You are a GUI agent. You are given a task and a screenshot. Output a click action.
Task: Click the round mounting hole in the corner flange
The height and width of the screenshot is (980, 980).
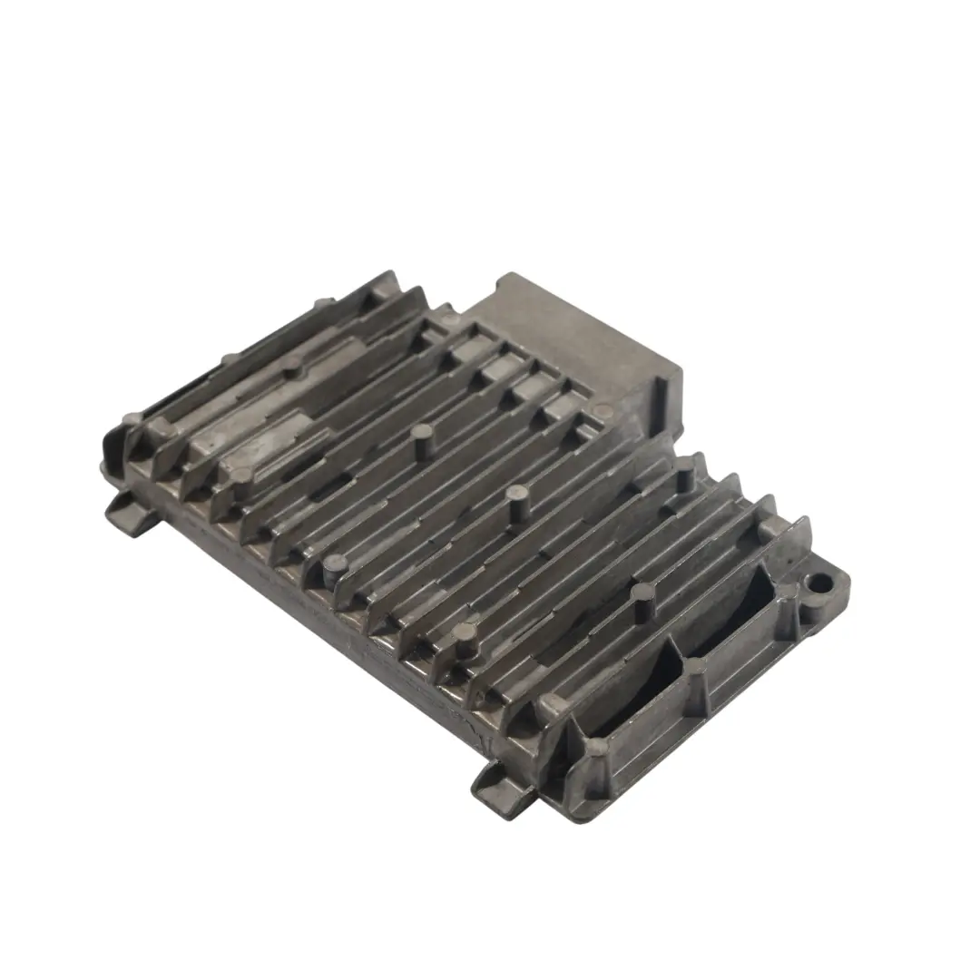click(821, 580)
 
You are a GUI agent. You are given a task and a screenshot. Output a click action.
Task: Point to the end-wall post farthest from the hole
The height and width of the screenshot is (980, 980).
click(595, 748)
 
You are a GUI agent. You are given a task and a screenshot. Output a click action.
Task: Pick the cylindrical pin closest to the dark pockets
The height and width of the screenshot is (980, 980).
click(642, 598)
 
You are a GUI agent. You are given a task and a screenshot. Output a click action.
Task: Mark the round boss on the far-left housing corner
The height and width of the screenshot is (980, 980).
click(132, 420)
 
